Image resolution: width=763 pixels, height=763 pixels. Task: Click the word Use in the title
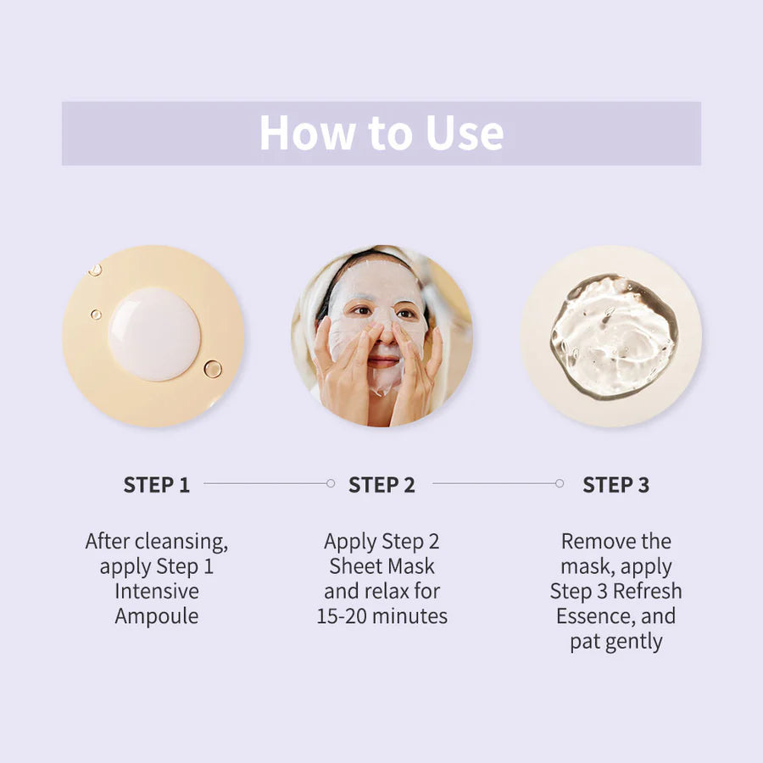[x=463, y=133]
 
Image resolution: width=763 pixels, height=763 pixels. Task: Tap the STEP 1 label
[x=157, y=485]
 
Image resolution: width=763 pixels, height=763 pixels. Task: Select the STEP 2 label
[x=381, y=485]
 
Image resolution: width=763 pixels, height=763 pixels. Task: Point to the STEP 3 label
[x=615, y=485]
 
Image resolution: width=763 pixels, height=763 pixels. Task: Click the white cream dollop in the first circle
[x=154, y=333]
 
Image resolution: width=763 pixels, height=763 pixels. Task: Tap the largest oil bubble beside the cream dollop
[x=212, y=369]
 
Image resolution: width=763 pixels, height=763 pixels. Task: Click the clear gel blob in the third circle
[x=613, y=336]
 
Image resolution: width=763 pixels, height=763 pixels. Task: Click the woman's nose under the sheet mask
[x=383, y=334]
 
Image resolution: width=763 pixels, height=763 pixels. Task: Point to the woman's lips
[x=383, y=361]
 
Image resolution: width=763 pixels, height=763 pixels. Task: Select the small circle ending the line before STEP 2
[x=331, y=483]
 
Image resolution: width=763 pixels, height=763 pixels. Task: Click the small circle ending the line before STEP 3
[x=559, y=483]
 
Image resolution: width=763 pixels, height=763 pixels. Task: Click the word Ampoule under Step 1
[x=157, y=616]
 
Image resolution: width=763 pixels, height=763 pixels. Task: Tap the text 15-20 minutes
[x=381, y=616]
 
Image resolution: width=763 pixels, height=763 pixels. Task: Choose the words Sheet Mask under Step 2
[x=381, y=566]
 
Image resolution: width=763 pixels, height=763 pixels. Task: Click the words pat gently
[x=615, y=642]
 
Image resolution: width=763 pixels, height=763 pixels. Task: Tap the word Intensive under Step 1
[x=157, y=592]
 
